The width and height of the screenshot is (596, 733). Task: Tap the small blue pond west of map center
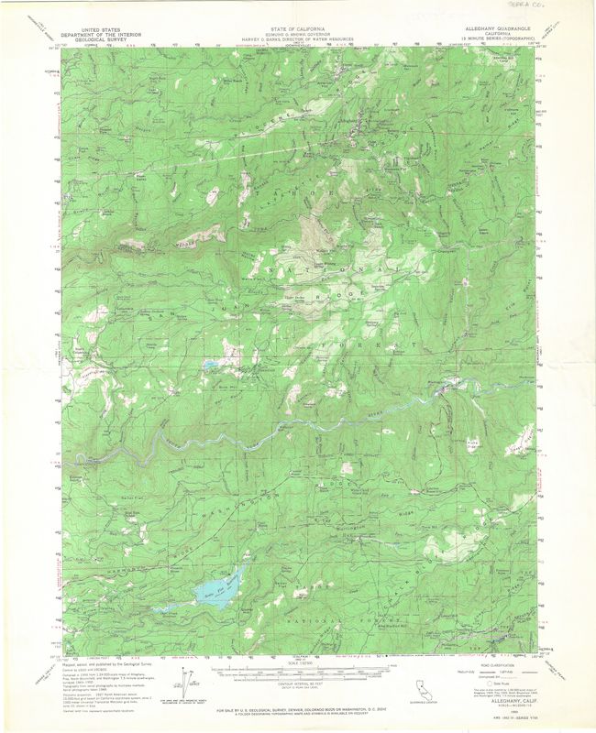pyautogui.click(x=210, y=365)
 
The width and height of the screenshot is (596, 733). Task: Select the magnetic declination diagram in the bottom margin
pyautogui.click(x=190, y=683)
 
